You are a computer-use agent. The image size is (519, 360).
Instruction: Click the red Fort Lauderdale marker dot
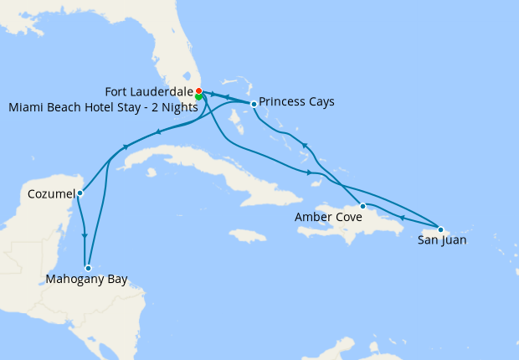pos(198,90)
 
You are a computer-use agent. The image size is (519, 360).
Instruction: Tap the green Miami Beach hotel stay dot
pos(198,96)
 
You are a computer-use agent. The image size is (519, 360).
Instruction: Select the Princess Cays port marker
pos(254,104)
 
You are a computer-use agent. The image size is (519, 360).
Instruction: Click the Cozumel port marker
pos(80,193)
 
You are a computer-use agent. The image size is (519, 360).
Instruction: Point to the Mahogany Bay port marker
pos(88,268)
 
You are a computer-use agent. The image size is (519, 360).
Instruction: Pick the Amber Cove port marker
pos(362,205)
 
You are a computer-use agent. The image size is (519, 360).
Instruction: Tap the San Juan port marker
pos(441,229)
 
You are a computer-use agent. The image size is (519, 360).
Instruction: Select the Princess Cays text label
pos(296,102)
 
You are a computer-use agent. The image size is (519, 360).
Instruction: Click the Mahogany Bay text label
pos(87,280)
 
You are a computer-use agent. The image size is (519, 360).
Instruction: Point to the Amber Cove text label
pos(329,217)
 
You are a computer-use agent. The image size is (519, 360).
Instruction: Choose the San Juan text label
pos(442,240)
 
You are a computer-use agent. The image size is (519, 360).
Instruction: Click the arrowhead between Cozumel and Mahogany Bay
pos(85,236)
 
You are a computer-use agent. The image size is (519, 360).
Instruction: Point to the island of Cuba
pos(193,159)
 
